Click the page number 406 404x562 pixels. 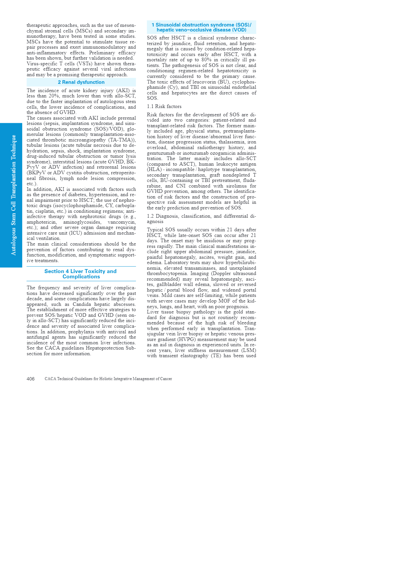tap(31, 379)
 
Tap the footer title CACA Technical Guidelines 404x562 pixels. tap(108, 379)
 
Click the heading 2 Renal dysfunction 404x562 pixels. tap(81, 82)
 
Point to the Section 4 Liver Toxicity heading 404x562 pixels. tap(81, 274)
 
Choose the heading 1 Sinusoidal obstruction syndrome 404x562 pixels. tap(201, 27)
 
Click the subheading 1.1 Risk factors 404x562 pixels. tap(164, 106)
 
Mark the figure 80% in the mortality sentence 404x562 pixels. tap(206, 60)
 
